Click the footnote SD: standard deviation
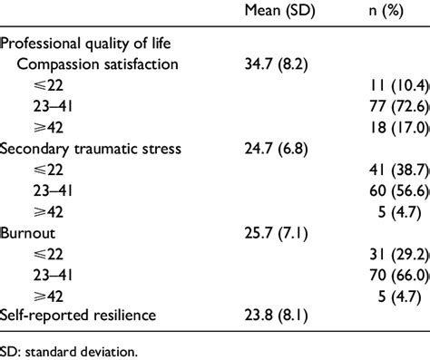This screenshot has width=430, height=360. coord(69,349)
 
